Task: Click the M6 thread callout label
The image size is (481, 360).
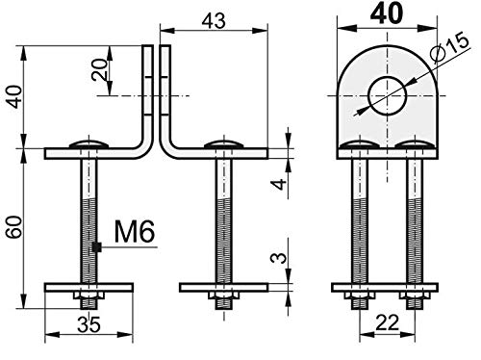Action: pyautogui.click(x=135, y=231)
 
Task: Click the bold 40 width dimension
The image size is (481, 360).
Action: pyautogui.click(x=386, y=13)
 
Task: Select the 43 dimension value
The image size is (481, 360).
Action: pyautogui.click(x=214, y=21)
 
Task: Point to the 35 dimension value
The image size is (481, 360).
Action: pyautogui.click(x=89, y=324)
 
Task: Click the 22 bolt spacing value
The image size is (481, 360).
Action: pyautogui.click(x=387, y=322)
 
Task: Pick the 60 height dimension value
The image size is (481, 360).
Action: pyautogui.click(x=15, y=227)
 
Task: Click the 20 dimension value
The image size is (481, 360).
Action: pyautogui.click(x=99, y=69)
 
